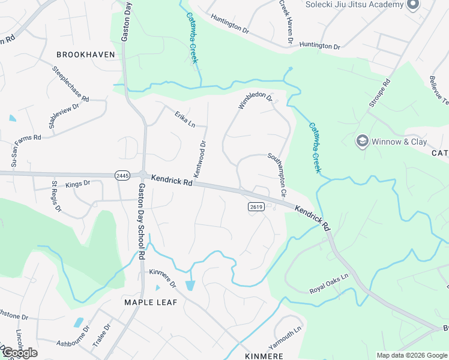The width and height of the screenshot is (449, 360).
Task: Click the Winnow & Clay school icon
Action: coord(362,141)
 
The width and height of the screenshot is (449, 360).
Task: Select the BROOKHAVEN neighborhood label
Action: coord(85,55)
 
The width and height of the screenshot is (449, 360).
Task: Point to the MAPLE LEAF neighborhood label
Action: coord(151,302)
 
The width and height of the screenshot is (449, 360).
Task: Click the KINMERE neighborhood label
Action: coord(264,356)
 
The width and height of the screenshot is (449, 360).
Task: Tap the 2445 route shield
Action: coord(122,175)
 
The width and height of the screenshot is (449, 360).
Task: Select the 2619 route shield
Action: coord(256,206)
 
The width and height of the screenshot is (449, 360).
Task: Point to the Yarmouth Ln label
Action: coord(285,340)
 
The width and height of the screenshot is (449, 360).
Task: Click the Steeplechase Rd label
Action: coord(70,84)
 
